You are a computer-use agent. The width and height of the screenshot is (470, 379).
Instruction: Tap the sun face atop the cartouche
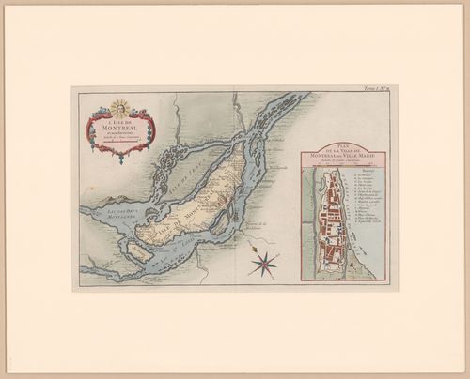[x=118, y=107]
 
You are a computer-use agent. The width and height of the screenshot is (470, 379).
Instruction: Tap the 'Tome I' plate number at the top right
[x=384, y=90]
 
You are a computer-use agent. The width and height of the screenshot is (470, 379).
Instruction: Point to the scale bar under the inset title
[x=349, y=168]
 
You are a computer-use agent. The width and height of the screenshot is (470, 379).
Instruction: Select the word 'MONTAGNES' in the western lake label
[x=112, y=225]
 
